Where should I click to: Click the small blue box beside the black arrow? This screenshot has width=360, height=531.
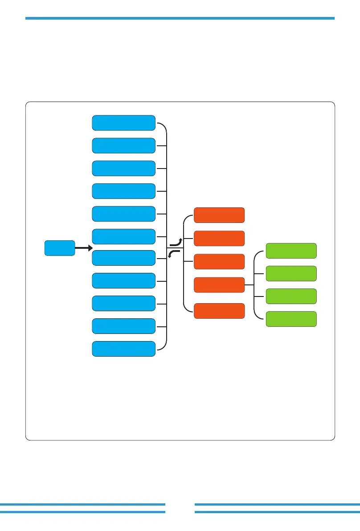pyautogui.click(x=59, y=248)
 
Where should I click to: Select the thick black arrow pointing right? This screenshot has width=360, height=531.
pyautogui.click(x=83, y=247)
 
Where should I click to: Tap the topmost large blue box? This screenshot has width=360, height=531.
pyautogui.click(x=123, y=123)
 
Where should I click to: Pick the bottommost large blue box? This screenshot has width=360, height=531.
pyautogui.click(x=123, y=349)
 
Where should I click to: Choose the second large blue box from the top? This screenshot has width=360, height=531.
pyautogui.click(x=123, y=145)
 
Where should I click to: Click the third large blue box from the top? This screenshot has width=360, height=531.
pyautogui.click(x=123, y=168)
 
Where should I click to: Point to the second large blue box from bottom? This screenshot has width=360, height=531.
pyautogui.click(x=123, y=326)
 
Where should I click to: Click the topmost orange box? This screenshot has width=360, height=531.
pyautogui.click(x=219, y=215)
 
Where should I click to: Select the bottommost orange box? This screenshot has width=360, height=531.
pyautogui.click(x=219, y=311)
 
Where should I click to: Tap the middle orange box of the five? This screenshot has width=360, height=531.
pyautogui.click(x=219, y=262)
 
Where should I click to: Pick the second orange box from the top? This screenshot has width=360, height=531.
pyautogui.click(x=219, y=239)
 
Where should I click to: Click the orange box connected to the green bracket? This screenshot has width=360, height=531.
pyautogui.click(x=219, y=285)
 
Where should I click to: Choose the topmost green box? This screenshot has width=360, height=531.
pyautogui.click(x=291, y=251)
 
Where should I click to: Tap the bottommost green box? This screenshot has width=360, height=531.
pyautogui.click(x=291, y=319)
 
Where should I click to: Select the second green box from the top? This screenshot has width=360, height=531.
pyautogui.click(x=291, y=273)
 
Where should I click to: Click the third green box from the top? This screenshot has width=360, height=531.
pyautogui.click(x=291, y=296)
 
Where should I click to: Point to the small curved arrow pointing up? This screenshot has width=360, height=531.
pyautogui.click(x=177, y=243)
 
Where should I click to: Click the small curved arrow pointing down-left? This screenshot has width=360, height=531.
pyautogui.click(x=174, y=253)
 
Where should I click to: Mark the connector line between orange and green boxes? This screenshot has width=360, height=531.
pyautogui.click(x=249, y=285)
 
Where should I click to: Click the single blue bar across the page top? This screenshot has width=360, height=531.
pyautogui.click(x=180, y=18)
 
